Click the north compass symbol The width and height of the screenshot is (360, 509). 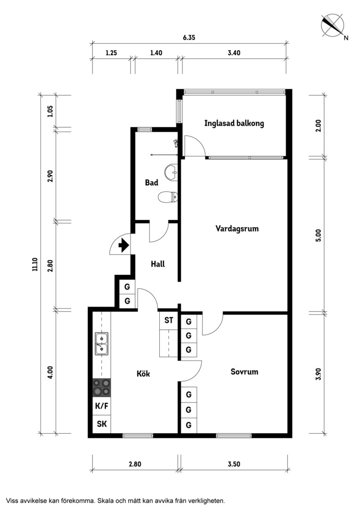click(x=333, y=25)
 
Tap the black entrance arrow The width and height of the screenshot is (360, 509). click(x=123, y=245)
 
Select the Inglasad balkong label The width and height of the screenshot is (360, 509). click(x=234, y=123)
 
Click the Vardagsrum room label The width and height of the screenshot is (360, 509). click(x=237, y=229)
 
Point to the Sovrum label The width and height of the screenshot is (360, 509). click(x=245, y=372)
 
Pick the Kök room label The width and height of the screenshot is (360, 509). click(x=143, y=374)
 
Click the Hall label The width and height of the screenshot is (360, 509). click(x=158, y=264)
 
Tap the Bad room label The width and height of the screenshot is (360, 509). click(x=152, y=182)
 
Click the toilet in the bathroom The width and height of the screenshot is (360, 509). click(x=168, y=197)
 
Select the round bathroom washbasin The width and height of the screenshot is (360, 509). click(x=171, y=172)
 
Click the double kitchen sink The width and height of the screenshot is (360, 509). click(x=102, y=344)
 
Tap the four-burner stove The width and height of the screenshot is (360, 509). click(x=102, y=387)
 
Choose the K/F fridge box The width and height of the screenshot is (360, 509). click(x=102, y=406)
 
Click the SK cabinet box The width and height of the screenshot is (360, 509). click(x=102, y=424)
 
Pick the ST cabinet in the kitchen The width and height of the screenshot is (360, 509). click(x=169, y=320)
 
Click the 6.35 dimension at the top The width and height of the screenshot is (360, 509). click(x=189, y=37)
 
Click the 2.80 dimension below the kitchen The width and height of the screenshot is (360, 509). click(x=135, y=464)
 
